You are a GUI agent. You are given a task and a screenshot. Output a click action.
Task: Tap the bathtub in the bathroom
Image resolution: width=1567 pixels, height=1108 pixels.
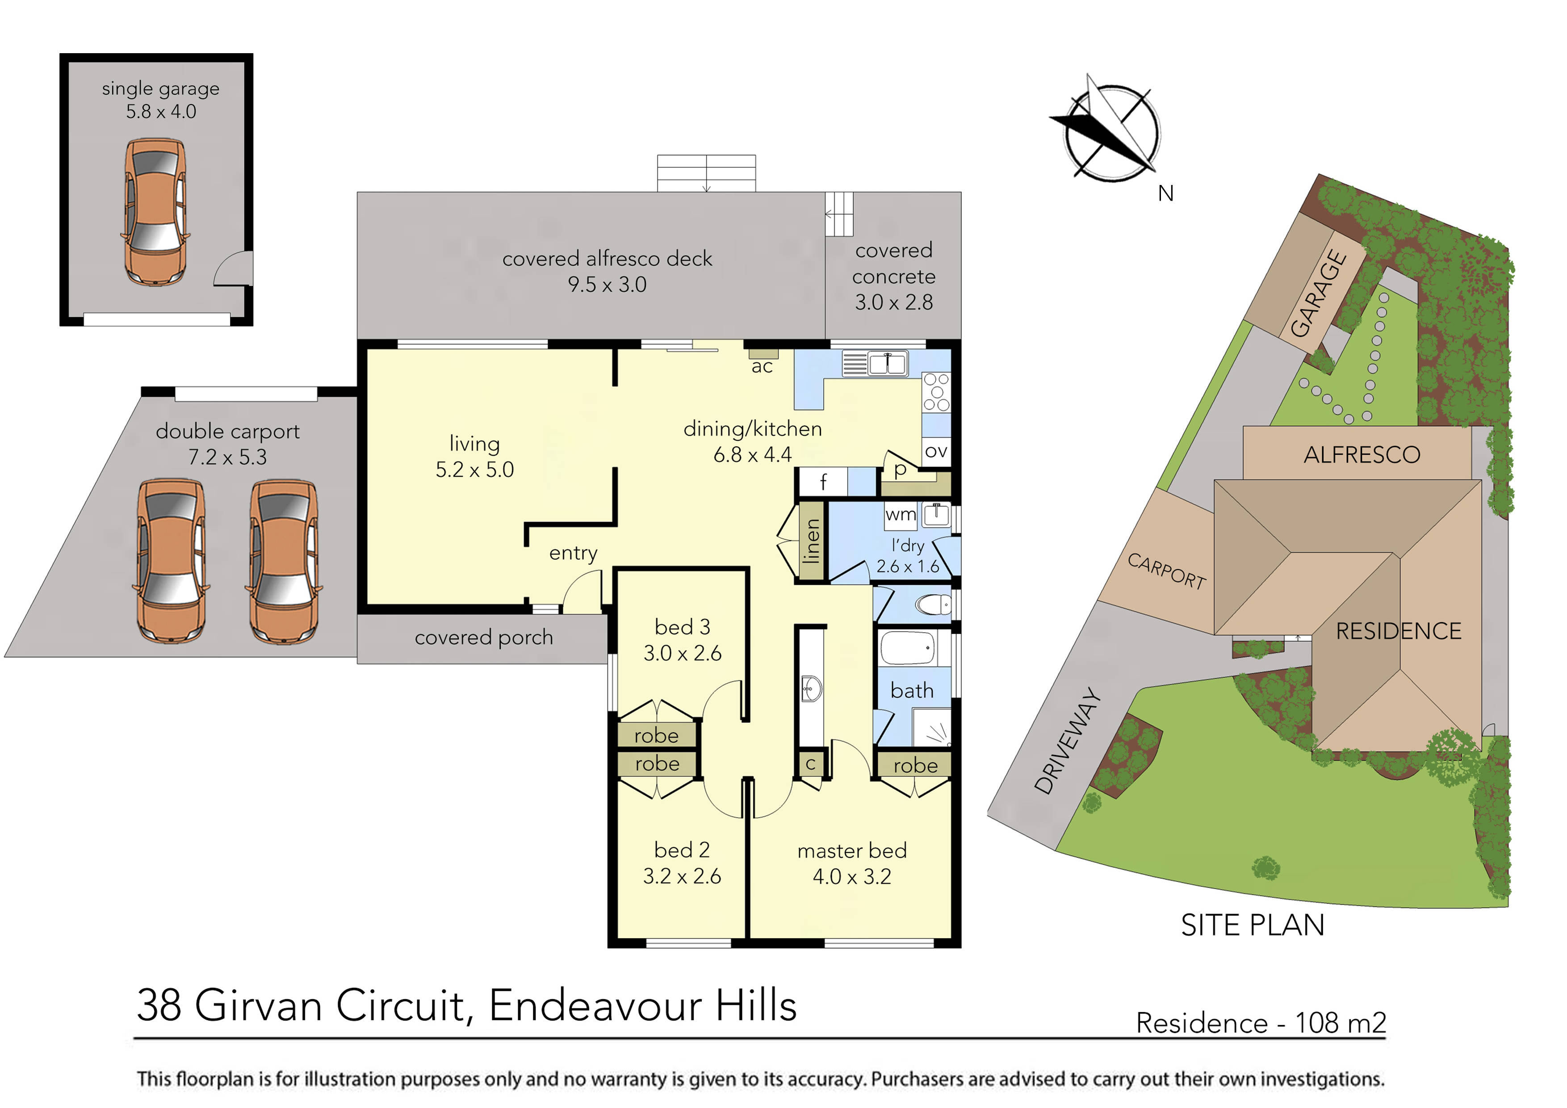(x=907, y=648)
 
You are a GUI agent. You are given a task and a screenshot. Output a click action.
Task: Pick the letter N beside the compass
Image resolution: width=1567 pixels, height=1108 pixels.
(x=1166, y=194)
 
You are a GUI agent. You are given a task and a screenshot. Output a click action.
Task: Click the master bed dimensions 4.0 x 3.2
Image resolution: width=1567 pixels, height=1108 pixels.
(x=852, y=877)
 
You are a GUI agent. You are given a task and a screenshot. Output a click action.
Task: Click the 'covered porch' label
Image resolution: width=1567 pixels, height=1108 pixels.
(x=483, y=638)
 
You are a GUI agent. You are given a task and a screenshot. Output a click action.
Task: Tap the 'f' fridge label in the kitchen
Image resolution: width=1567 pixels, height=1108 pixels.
(x=823, y=482)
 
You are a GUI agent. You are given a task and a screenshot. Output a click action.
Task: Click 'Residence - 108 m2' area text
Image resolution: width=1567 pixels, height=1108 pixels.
(x=1261, y=1024)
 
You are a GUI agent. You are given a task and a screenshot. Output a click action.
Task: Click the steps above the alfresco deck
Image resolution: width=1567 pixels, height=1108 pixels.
(x=706, y=173)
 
